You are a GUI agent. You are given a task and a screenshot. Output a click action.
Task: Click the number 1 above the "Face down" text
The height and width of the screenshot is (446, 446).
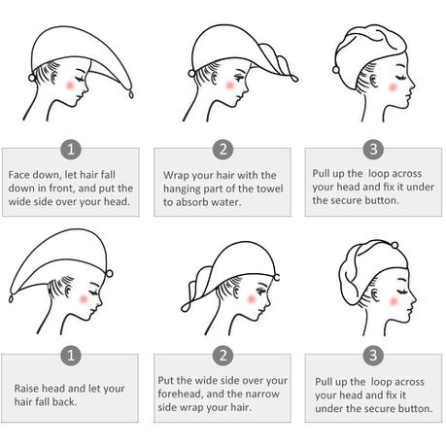tap(71, 150)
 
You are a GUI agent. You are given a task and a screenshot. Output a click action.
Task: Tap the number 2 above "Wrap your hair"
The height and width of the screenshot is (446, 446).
tap(223, 150)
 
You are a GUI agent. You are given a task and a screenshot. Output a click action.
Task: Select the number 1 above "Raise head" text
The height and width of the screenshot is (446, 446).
tap(71, 356)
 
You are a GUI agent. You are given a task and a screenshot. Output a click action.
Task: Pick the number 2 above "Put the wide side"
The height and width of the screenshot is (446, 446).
tap(223, 356)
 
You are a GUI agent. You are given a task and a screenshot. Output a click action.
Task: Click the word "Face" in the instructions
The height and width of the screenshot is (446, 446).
tap(18, 175)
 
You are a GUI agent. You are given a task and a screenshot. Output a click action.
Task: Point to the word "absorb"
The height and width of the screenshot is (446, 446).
tap(192, 202)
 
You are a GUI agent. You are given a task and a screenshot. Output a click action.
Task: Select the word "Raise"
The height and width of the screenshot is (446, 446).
tap(27, 389)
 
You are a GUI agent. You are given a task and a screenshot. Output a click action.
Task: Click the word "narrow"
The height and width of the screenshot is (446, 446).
tap(262, 394)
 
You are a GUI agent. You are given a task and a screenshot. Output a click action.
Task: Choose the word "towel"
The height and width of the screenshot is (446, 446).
tap(270, 189)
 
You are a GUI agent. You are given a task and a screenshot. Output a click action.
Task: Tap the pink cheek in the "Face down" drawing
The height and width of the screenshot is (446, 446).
tap(70, 86)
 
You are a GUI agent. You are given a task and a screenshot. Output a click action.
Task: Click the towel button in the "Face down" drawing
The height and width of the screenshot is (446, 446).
tap(32, 78)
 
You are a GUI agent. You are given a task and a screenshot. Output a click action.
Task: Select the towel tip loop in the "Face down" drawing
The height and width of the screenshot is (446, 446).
tap(131, 94)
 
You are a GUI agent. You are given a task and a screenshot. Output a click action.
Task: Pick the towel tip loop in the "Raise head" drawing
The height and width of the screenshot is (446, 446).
tap(12, 298)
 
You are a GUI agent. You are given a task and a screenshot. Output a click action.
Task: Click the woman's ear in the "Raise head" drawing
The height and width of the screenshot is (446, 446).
tap(68, 290)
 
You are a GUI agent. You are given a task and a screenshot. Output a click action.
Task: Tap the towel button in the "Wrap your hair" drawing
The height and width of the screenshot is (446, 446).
tap(191, 73)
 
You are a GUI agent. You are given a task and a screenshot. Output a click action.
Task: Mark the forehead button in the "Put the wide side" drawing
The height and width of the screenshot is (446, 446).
tap(277, 278)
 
